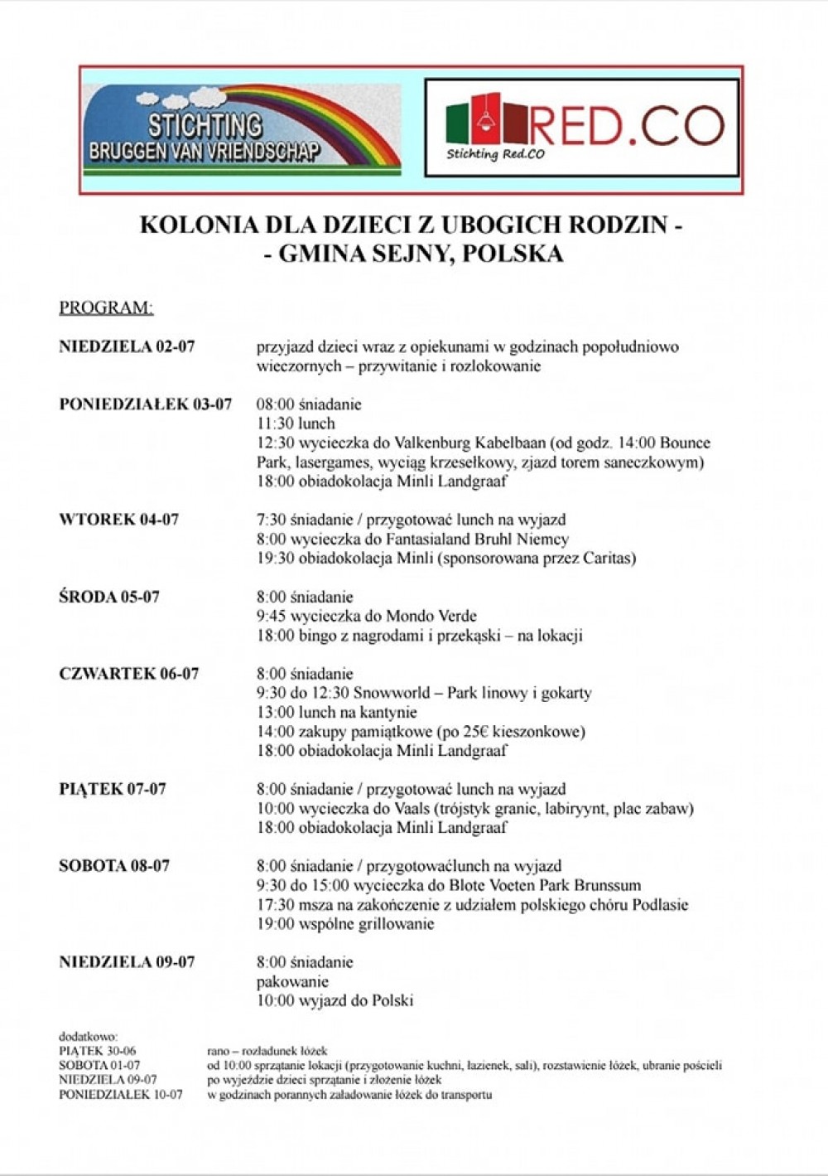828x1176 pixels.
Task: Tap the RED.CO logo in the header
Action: [581, 128]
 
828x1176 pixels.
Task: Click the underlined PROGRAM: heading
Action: [106, 307]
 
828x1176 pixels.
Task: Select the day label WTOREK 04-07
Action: [118, 520]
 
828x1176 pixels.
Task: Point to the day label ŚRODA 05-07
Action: [108, 597]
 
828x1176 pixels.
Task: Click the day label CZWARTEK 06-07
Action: [128, 674]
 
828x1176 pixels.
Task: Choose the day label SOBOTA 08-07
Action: [114, 866]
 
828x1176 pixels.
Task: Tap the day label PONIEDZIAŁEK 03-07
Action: [145, 404]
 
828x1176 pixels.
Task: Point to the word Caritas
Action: [606, 559]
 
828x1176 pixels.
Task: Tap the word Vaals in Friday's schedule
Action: [406, 808]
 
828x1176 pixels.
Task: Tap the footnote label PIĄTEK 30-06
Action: [98, 1051]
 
